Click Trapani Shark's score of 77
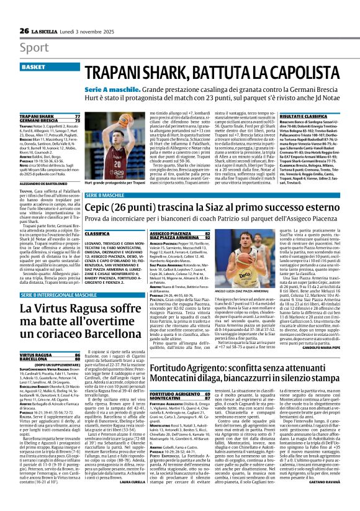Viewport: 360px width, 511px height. (78, 116)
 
